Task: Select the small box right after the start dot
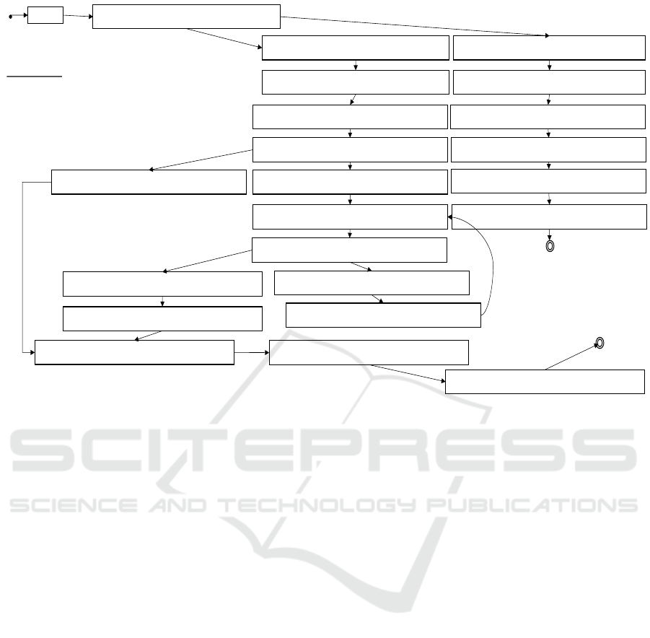click(45, 14)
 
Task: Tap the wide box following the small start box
click(186, 16)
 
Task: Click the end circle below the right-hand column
click(550, 246)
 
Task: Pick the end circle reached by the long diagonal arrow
click(600, 343)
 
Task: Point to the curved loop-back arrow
click(493, 260)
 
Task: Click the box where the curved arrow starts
click(383, 315)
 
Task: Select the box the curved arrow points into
click(350, 217)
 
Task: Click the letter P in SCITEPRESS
click(365, 448)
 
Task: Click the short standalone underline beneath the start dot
click(35, 76)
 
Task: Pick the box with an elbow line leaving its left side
click(149, 182)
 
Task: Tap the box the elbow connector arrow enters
click(134, 352)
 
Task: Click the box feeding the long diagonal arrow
click(545, 382)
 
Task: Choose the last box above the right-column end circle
click(549, 217)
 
